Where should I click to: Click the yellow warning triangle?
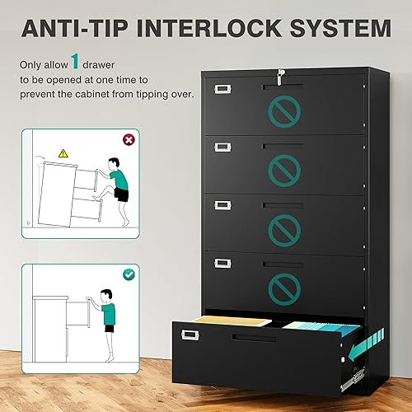pos(61,153)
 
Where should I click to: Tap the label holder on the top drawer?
pos(222,89)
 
